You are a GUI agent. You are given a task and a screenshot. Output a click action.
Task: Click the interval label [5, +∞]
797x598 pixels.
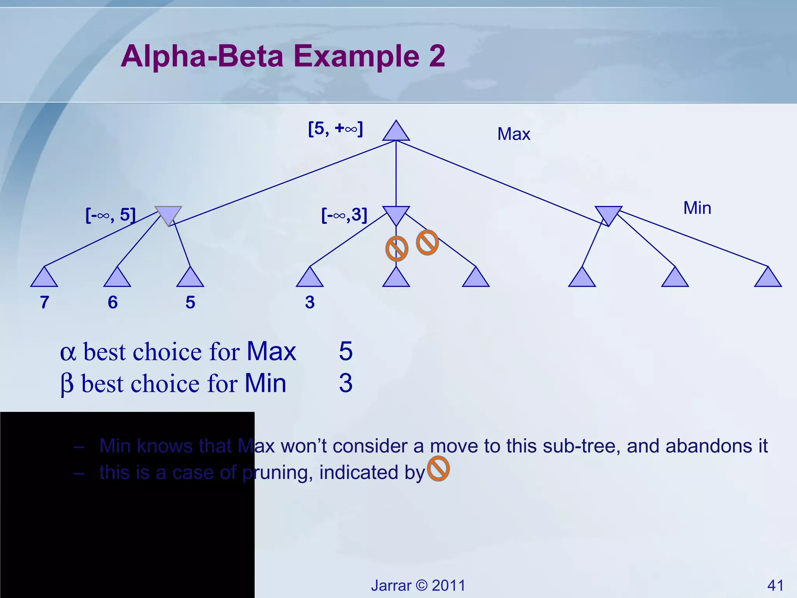coord(335,128)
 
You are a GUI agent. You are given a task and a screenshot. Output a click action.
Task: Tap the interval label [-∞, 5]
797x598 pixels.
coord(111,215)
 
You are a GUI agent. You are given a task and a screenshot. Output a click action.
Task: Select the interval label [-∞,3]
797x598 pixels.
coord(344,215)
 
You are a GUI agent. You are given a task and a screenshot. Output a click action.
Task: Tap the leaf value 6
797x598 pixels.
coord(112,302)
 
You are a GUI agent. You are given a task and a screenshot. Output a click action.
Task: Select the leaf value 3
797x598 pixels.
coord(310,302)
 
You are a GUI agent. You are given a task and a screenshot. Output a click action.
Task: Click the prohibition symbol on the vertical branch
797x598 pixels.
coord(397,249)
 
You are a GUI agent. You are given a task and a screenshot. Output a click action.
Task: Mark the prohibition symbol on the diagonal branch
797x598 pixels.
coord(427,243)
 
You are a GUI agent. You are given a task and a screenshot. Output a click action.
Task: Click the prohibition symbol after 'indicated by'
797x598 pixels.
coord(438,469)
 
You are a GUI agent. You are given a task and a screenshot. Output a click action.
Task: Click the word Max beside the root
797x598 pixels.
coord(514,134)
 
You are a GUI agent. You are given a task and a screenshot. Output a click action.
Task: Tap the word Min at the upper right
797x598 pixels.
coord(697,208)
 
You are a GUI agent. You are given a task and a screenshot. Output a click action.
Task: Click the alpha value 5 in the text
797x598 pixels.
coord(346,351)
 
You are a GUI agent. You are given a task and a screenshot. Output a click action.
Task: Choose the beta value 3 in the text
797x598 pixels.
coord(346,383)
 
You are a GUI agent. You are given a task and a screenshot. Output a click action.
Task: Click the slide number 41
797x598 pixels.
coord(775,585)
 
